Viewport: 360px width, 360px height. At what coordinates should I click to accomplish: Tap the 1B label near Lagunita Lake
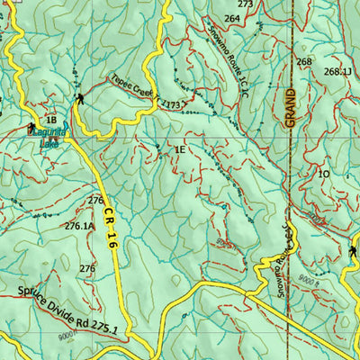51,120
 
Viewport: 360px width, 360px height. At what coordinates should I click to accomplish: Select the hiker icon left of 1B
33,126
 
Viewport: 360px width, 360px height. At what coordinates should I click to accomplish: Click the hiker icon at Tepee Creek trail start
81,98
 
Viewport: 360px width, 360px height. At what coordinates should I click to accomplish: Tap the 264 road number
232,18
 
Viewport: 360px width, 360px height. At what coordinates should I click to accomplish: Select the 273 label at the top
245,4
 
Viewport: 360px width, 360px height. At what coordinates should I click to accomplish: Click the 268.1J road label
337,71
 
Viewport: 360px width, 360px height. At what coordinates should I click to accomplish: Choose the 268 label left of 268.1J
304,62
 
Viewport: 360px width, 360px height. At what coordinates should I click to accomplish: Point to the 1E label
180,150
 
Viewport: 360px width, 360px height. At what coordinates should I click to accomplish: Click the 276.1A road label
79,227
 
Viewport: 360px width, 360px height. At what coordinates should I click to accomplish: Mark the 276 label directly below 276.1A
86,268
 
